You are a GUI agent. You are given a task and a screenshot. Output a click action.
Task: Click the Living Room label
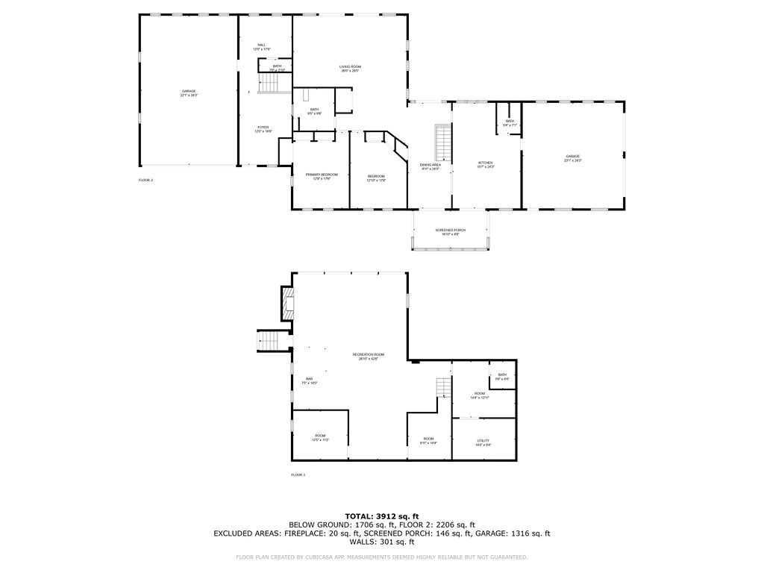350,69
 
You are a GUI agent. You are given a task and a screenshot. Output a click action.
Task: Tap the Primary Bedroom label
322,177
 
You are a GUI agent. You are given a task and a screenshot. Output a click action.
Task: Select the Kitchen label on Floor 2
485,164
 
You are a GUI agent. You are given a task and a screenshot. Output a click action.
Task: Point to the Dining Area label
430,166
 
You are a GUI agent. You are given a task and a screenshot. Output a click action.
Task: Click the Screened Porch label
450,232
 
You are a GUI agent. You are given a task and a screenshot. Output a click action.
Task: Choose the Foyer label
263,129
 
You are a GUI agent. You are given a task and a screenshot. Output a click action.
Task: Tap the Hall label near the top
262,47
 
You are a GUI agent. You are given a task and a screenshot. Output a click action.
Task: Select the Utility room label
483,442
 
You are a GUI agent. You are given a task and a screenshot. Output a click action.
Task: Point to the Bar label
309,381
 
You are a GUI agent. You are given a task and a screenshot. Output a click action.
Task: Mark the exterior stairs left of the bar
269,341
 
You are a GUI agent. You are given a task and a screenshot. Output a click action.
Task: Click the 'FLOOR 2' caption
145,181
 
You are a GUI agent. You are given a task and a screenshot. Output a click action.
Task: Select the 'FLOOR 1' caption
298,475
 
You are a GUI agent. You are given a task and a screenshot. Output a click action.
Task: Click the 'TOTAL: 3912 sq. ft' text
381,516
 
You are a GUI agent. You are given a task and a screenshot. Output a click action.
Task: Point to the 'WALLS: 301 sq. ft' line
381,542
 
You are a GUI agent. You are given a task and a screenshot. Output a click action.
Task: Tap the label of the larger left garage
188,93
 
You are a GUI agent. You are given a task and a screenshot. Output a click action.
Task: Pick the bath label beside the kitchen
510,123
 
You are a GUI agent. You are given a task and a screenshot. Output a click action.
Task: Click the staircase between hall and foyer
268,84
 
